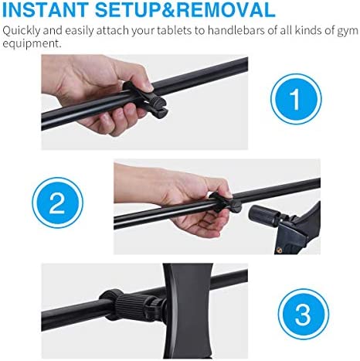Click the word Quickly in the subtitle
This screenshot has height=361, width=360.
coord(21,31)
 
